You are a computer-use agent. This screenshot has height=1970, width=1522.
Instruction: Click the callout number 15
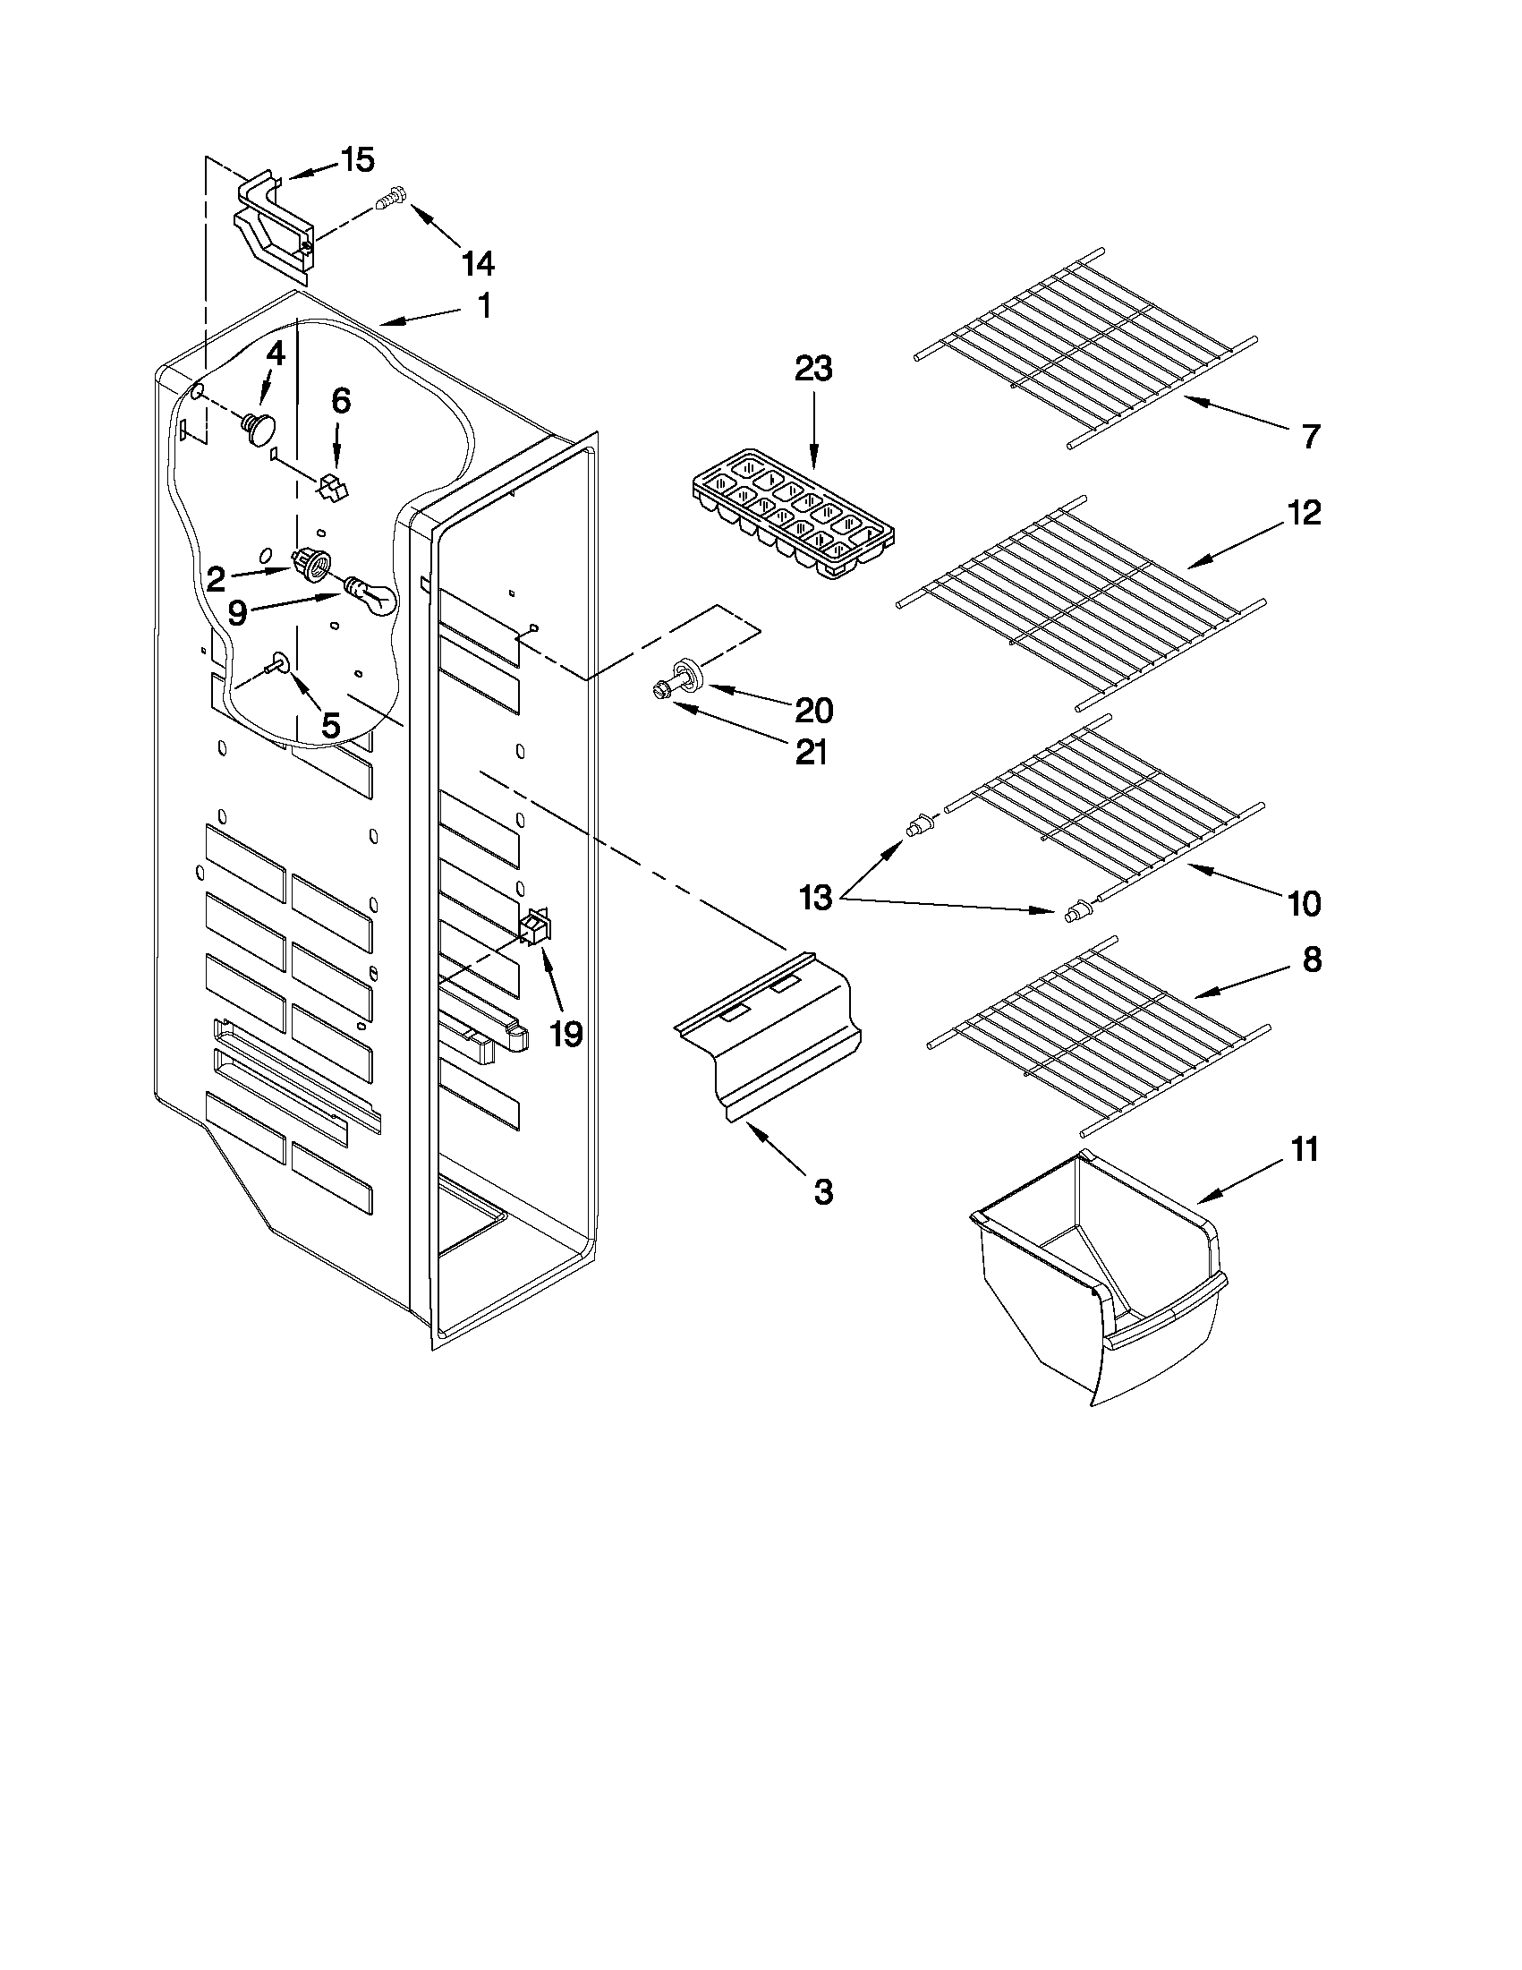coord(357,160)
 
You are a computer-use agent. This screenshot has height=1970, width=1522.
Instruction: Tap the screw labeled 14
coord(388,199)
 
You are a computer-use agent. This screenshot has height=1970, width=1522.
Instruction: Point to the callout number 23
coord(813,370)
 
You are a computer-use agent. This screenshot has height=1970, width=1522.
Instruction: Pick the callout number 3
coord(822,1192)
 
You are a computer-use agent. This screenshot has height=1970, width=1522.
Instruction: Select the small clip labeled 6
coord(331,489)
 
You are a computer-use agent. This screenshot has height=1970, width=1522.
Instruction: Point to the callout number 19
coord(565,1034)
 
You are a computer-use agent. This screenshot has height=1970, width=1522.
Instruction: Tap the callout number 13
coord(815,900)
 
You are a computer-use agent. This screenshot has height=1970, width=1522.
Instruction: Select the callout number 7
coord(1311,437)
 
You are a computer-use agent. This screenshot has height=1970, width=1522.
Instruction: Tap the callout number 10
coord(1304,903)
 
